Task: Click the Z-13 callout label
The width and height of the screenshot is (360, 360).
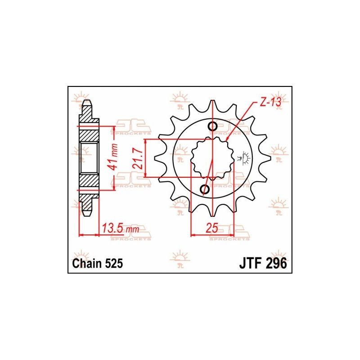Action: (x=270, y=102)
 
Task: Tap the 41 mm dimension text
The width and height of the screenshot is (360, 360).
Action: (x=113, y=157)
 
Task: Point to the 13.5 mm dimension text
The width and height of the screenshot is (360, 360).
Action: (x=121, y=229)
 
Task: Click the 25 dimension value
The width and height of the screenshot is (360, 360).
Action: (x=211, y=228)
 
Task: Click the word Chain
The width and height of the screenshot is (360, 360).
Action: (x=87, y=263)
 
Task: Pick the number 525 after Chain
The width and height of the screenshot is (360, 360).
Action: (x=114, y=263)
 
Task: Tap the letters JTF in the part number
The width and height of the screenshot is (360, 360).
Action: (x=251, y=263)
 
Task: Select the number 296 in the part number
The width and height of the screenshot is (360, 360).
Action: (x=277, y=263)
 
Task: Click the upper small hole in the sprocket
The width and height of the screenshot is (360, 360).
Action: (x=213, y=126)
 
